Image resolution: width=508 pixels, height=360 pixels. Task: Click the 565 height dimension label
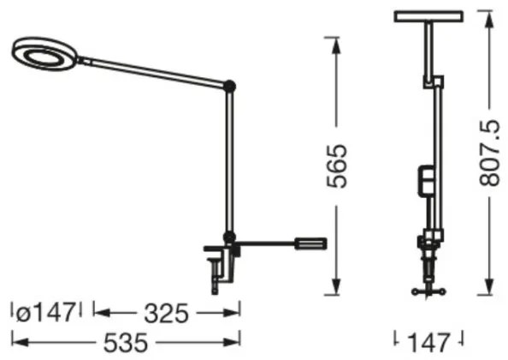click(x=341, y=163)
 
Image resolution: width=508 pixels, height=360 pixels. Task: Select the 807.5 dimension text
click(x=488, y=163)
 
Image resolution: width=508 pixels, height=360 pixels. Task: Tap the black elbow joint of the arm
click(x=228, y=85)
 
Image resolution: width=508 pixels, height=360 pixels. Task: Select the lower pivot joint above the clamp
click(x=228, y=236)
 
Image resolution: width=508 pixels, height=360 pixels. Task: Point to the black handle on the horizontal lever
click(x=310, y=243)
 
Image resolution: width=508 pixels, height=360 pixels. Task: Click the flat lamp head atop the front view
click(x=428, y=15)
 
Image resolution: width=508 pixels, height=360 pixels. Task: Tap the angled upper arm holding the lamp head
click(x=154, y=71)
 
